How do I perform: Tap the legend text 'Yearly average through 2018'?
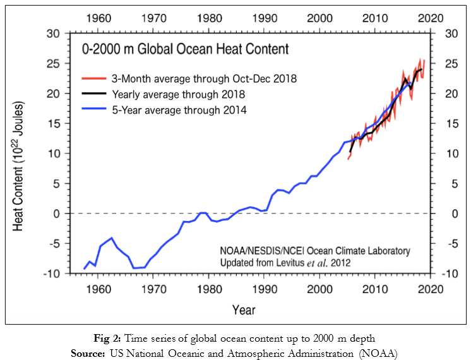click(x=178, y=95)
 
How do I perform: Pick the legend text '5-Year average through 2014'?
click(x=179, y=110)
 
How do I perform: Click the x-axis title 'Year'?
click(x=243, y=310)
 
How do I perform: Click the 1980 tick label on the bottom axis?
click(x=208, y=290)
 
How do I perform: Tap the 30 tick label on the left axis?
click(x=54, y=33)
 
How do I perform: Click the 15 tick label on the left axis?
click(x=54, y=124)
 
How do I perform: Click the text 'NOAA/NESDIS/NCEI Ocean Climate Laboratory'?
click(x=314, y=251)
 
